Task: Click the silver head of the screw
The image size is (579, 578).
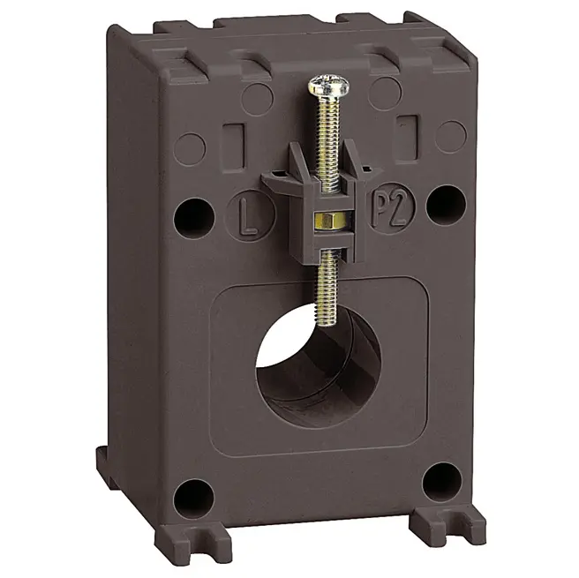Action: (x=328, y=86)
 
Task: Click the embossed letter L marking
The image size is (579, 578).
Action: (x=248, y=215)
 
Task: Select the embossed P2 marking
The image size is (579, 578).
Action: (x=391, y=209)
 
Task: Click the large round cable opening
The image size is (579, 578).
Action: (x=319, y=367)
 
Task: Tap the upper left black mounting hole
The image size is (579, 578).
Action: (x=193, y=218)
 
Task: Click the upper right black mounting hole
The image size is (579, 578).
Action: (x=446, y=206)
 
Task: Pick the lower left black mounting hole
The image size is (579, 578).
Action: (x=193, y=499)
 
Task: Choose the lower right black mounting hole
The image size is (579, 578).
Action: (x=441, y=481)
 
